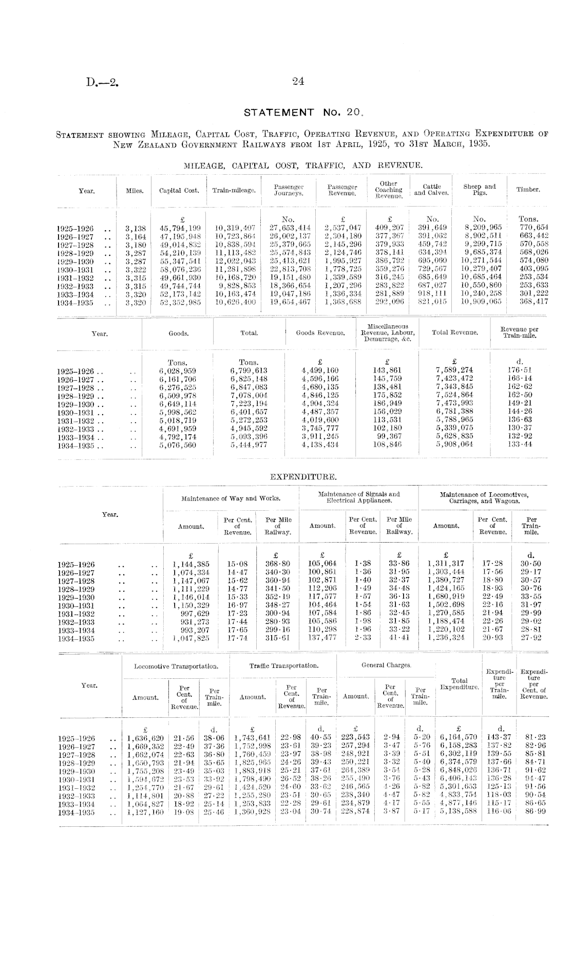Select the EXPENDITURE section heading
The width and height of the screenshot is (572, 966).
point(303,477)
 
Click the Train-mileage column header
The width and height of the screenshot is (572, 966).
point(234,191)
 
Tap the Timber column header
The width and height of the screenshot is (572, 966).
point(528,190)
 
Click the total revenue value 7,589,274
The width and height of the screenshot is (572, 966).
point(454,370)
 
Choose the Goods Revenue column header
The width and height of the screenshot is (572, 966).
point(320,333)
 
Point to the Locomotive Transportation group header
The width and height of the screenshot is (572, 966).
point(176,666)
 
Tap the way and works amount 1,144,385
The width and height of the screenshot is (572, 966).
point(190,564)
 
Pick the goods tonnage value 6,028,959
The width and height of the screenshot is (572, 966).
point(178,370)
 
